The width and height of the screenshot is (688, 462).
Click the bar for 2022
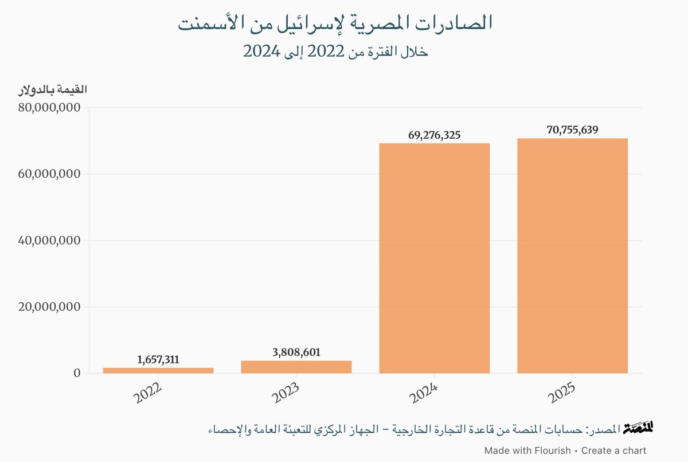pyautogui.click(x=158, y=370)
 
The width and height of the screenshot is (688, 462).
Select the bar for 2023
pyautogui.click(x=296, y=367)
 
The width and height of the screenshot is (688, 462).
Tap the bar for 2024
pyautogui.click(x=434, y=258)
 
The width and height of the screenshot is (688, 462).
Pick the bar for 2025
pyautogui.click(x=572, y=256)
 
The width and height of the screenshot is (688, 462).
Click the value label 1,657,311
pyautogui.click(x=158, y=360)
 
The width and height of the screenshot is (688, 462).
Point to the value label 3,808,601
pyautogui.click(x=296, y=353)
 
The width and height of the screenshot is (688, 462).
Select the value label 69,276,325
pyautogui.click(x=434, y=135)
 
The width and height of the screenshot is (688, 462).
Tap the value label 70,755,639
pyautogui.click(x=572, y=130)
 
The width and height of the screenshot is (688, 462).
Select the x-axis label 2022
pyautogui.click(x=148, y=396)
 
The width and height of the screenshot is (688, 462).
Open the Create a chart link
pyautogui.click(x=613, y=451)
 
